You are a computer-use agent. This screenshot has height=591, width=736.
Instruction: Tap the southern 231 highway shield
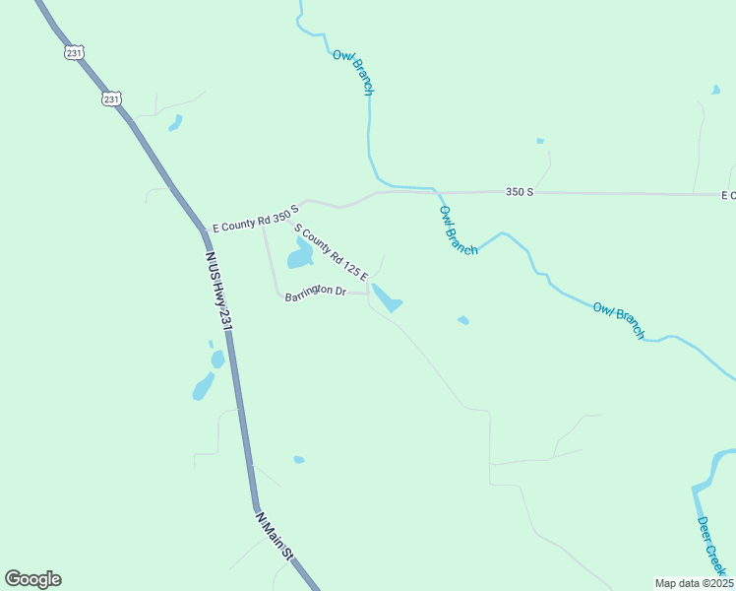pyautogui.click(x=111, y=98)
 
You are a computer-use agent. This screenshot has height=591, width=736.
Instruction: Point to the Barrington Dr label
pyautogui.click(x=315, y=293)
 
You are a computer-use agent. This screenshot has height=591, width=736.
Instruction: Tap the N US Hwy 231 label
pyautogui.click(x=218, y=290)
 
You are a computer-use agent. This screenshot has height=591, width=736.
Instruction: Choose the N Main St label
pyautogui.click(x=275, y=535)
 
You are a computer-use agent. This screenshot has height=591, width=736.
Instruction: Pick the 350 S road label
pyautogui.click(x=520, y=192)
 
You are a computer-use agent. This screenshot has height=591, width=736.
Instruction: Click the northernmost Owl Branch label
pyautogui.click(x=353, y=72)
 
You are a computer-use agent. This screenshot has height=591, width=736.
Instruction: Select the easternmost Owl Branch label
pyautogui.click(x=619, y=321)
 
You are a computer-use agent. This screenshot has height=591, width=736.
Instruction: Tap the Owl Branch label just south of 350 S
pyautogui.click(x=459, y=230)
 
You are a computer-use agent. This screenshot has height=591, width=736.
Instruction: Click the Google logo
pyautogui.click(x=32, y=579)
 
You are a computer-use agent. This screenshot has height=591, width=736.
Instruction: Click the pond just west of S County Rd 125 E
pyautogui.click(x=299, y=256)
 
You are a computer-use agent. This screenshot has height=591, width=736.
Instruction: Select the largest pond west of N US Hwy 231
pyautogui.click(x=203, y=386)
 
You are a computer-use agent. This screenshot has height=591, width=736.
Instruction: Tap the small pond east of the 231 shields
pyautogui.click(x=175, y=123)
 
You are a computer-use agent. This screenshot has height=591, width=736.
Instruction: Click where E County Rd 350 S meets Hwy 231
pyautogui.click(x=206, y=230)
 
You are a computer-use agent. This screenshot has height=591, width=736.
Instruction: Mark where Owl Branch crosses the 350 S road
pyautogui.click(x=434, y=191)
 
